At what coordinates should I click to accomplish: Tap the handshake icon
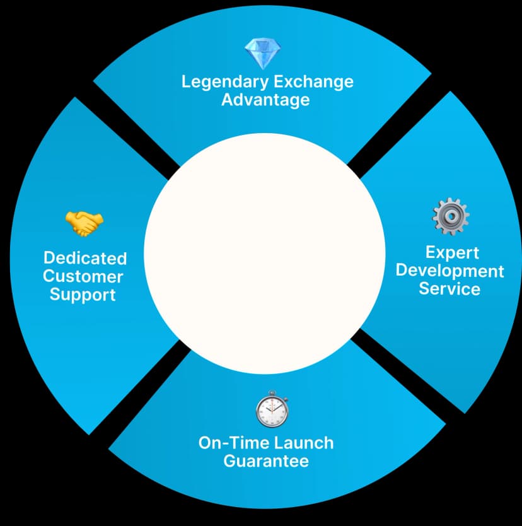pyautogui.click(x=84, y=223)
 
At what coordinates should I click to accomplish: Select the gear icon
pyautogui.click(x=450, y=216)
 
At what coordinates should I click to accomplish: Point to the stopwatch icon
pyautogui.click(x=272, y=409)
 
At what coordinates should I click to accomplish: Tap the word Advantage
pyautogui.click(x=265, y=100)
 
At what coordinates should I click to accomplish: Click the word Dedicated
pyautogui.click(x=85, y=258)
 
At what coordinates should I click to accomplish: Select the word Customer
pyautogui.click(x=83, y=276)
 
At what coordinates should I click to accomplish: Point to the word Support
pyautogui.click(x=83, y=295)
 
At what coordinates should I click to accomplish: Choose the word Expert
pyautogui.click(x=452, y=252)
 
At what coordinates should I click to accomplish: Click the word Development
pyautogui.click(x=450, y=271)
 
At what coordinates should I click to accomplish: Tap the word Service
pyautogui.click(x=449, y=289)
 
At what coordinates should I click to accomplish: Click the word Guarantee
pyautogui.click(x=266, y=461)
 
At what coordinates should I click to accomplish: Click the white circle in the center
pyautogui.click(x=265, y=252)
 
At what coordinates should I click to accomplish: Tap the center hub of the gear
pyautogui.click(x=450, y=217)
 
